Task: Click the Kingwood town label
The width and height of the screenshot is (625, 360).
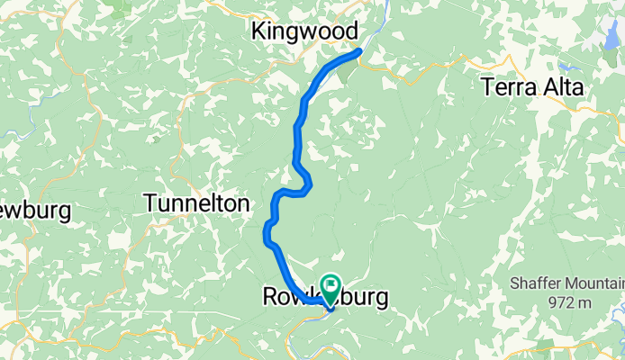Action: click(304, 31)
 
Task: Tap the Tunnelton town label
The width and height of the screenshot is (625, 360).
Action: click(196, 204)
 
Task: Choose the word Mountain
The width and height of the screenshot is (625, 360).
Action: click(592, 283)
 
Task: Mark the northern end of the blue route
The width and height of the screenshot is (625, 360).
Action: click(359, 51)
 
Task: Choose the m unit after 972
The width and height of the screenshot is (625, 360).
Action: click(585, 302)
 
